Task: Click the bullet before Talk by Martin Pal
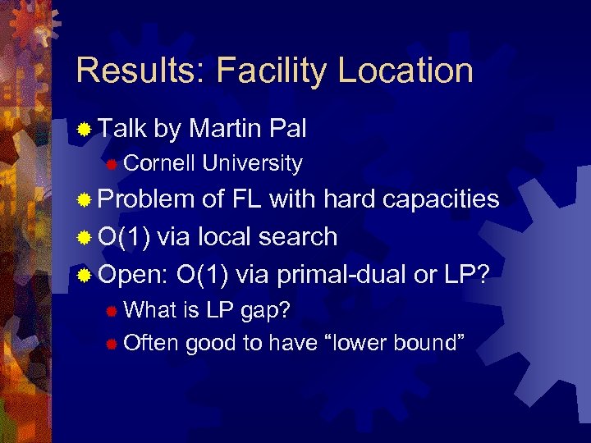pyautogui.click(x=83, y=130)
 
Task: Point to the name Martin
pyautogui.click(x=224, y=128)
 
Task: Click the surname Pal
pyautogui.click(x=286, y=128)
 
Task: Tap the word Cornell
pyautogui.click(x=159, y=164)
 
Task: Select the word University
pyautogui.click(x=252, y=164)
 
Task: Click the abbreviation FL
pyautogui.click(x=247, y=199)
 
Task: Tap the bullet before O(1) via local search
pyautogui.click(x=83, y=238)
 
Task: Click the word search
pyautogui.click(x=300, y=237)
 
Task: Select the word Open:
pyautogui.click(x=132, y=275)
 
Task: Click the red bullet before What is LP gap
pyautogui.click(x=112, y=311)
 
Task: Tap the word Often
pyautogui.click(x=151, y=343)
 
